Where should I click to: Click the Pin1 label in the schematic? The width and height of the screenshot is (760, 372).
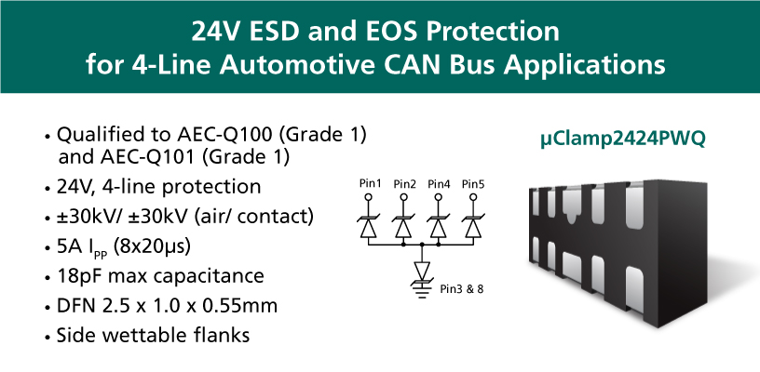(371, 184)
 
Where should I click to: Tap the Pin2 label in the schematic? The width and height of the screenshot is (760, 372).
(404, 184)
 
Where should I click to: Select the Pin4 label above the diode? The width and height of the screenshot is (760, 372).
(439, 184)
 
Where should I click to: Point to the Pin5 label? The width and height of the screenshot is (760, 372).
(473, 184)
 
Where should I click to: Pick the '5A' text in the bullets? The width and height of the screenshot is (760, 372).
(70, 246)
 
